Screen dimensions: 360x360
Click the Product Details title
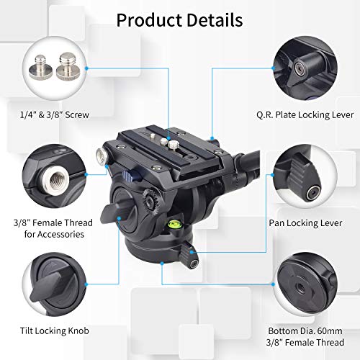point(179,20)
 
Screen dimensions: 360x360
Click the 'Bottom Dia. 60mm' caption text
point(310,323)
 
